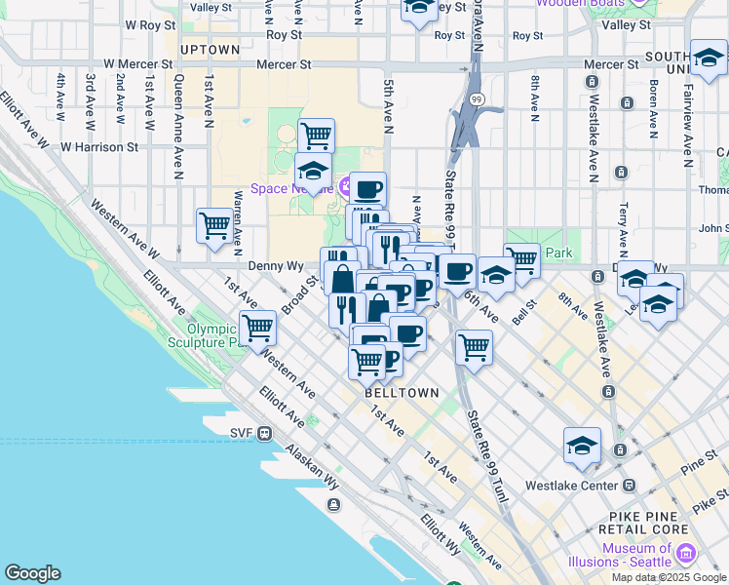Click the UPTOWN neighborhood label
tap(210, 50)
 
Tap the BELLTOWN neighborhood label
tap(398, 392)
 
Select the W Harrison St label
tap(99, 147)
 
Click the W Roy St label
tap(149, 23)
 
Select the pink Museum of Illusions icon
tap(686, 555)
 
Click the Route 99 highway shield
tap(476, 99)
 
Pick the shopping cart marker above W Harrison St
tap(316, 136)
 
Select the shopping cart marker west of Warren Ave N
tap(214, 226)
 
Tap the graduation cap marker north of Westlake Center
tap(582, 446)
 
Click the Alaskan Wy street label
tap(312, 466)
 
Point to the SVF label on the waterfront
tap(242, 433)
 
